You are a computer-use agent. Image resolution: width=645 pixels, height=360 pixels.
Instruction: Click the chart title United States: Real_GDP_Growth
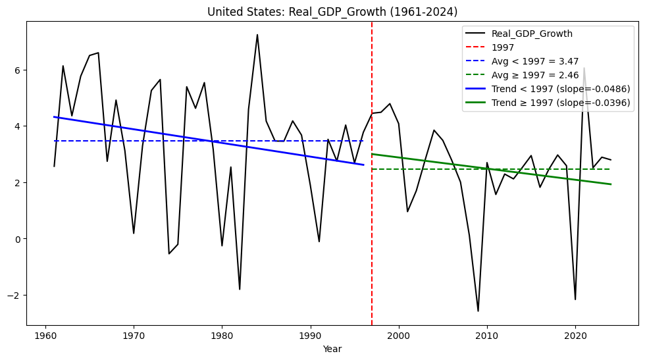pyautogui.click(x=332, y=12)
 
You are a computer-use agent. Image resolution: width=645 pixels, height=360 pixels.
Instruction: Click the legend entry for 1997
pyautogui.click(x=503, y=47)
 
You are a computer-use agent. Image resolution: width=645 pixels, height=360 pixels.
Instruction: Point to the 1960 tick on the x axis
pyautogui.click(x=45, y=336)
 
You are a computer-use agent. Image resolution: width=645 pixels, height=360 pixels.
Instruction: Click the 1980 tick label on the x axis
pyautogui.click(x=222, y=336)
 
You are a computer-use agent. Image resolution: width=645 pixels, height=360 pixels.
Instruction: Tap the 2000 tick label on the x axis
pyautogui.click(x=398, y=336)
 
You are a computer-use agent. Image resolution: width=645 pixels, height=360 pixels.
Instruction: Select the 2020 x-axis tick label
pyautogui.click(x=575, y=336)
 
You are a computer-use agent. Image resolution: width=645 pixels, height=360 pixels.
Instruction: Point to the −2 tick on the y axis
pyautogui.click(x=16, y=295)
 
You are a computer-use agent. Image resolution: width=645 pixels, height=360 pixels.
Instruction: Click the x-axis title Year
pyautogui.click(x=332, y=349)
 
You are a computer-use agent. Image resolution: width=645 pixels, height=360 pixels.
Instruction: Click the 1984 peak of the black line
pyautogui.click(x=257, y=35)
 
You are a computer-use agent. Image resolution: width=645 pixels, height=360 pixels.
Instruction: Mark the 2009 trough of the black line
pyautogui.click(x=478, y=311)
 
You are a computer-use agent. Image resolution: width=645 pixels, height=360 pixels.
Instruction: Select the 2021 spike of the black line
pyautogui.click(x=584, y=68)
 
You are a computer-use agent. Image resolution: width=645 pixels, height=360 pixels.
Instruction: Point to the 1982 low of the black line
pyautogui.click(x=240, y=289)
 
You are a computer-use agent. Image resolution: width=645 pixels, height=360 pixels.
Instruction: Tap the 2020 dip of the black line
pyautogui.click(x=575, y=299)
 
